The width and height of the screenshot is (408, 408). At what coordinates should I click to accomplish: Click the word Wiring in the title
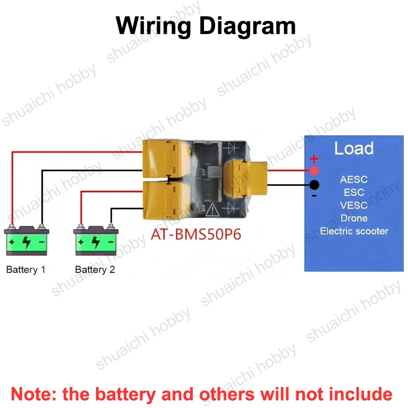(153, 26)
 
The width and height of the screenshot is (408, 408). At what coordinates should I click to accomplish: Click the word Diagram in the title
(247, 25)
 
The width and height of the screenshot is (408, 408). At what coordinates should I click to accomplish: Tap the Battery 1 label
(25, 270)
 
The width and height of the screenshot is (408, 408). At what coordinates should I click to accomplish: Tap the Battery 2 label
(95, 270)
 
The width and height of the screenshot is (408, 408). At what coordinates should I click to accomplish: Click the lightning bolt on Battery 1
(27, 242)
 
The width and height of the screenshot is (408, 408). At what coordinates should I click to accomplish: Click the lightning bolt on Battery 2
(95, 242)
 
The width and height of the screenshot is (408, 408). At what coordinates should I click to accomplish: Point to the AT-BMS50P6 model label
(196, 234)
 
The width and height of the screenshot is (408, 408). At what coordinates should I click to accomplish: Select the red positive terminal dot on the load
(314, 171)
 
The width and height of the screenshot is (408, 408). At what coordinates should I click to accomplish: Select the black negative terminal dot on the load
(314, 185)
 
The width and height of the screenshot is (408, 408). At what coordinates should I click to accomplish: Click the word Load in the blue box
(354, 148)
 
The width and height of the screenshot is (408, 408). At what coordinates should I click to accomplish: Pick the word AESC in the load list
(354, 180)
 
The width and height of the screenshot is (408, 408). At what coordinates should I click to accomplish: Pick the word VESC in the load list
(354, 206)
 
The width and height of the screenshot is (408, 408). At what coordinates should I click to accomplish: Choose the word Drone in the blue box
(354, 218)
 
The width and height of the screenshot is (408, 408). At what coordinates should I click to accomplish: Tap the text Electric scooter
(354, 231)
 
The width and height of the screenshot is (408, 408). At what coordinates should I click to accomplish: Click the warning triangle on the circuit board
(212, 210)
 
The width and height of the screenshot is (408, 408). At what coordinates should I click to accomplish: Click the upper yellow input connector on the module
(167, 159)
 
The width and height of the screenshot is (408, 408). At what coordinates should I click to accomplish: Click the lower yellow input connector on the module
(167, 200)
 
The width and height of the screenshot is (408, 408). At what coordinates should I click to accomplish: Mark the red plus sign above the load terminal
(314, 158)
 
